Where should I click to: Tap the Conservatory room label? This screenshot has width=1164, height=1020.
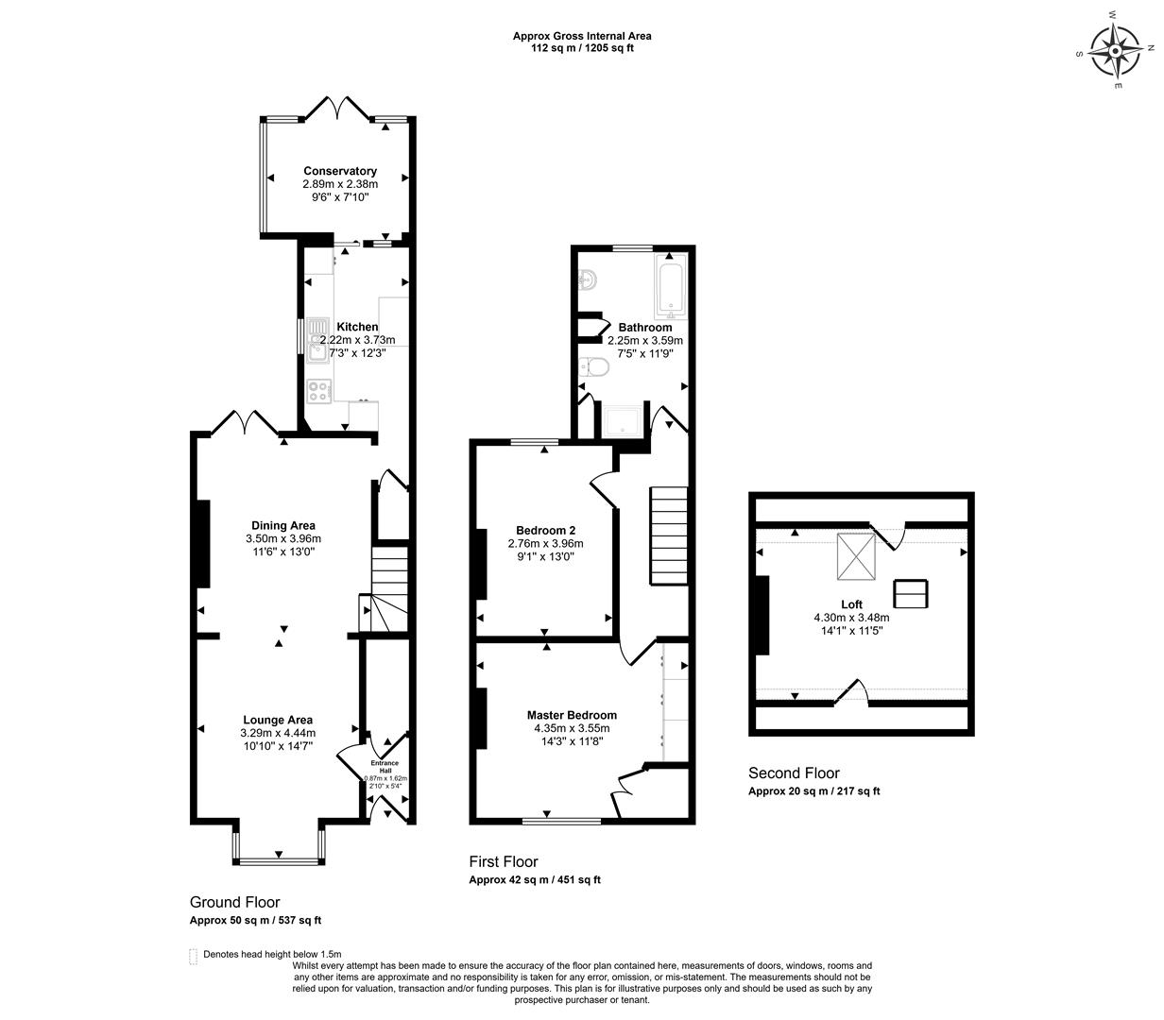[x=340, y=171]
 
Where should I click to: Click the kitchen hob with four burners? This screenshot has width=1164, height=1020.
[x=319, y=390]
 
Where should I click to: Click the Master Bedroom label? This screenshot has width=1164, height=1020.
[x=572, y=715]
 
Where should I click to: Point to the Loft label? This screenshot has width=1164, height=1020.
[x=851, y=604]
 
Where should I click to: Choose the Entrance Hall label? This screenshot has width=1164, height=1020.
[x=385, y=766]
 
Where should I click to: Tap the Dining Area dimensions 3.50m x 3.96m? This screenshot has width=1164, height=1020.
[x=283, y=539]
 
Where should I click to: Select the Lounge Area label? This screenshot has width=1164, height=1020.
[x=278, y=720]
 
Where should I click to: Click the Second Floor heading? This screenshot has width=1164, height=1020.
[x=794, y=773]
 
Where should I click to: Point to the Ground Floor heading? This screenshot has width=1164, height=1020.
[x=235, y=902]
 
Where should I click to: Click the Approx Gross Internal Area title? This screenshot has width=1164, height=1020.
[x=582, y=36]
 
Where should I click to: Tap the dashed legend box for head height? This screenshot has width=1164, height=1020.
[x=194, y=955]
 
